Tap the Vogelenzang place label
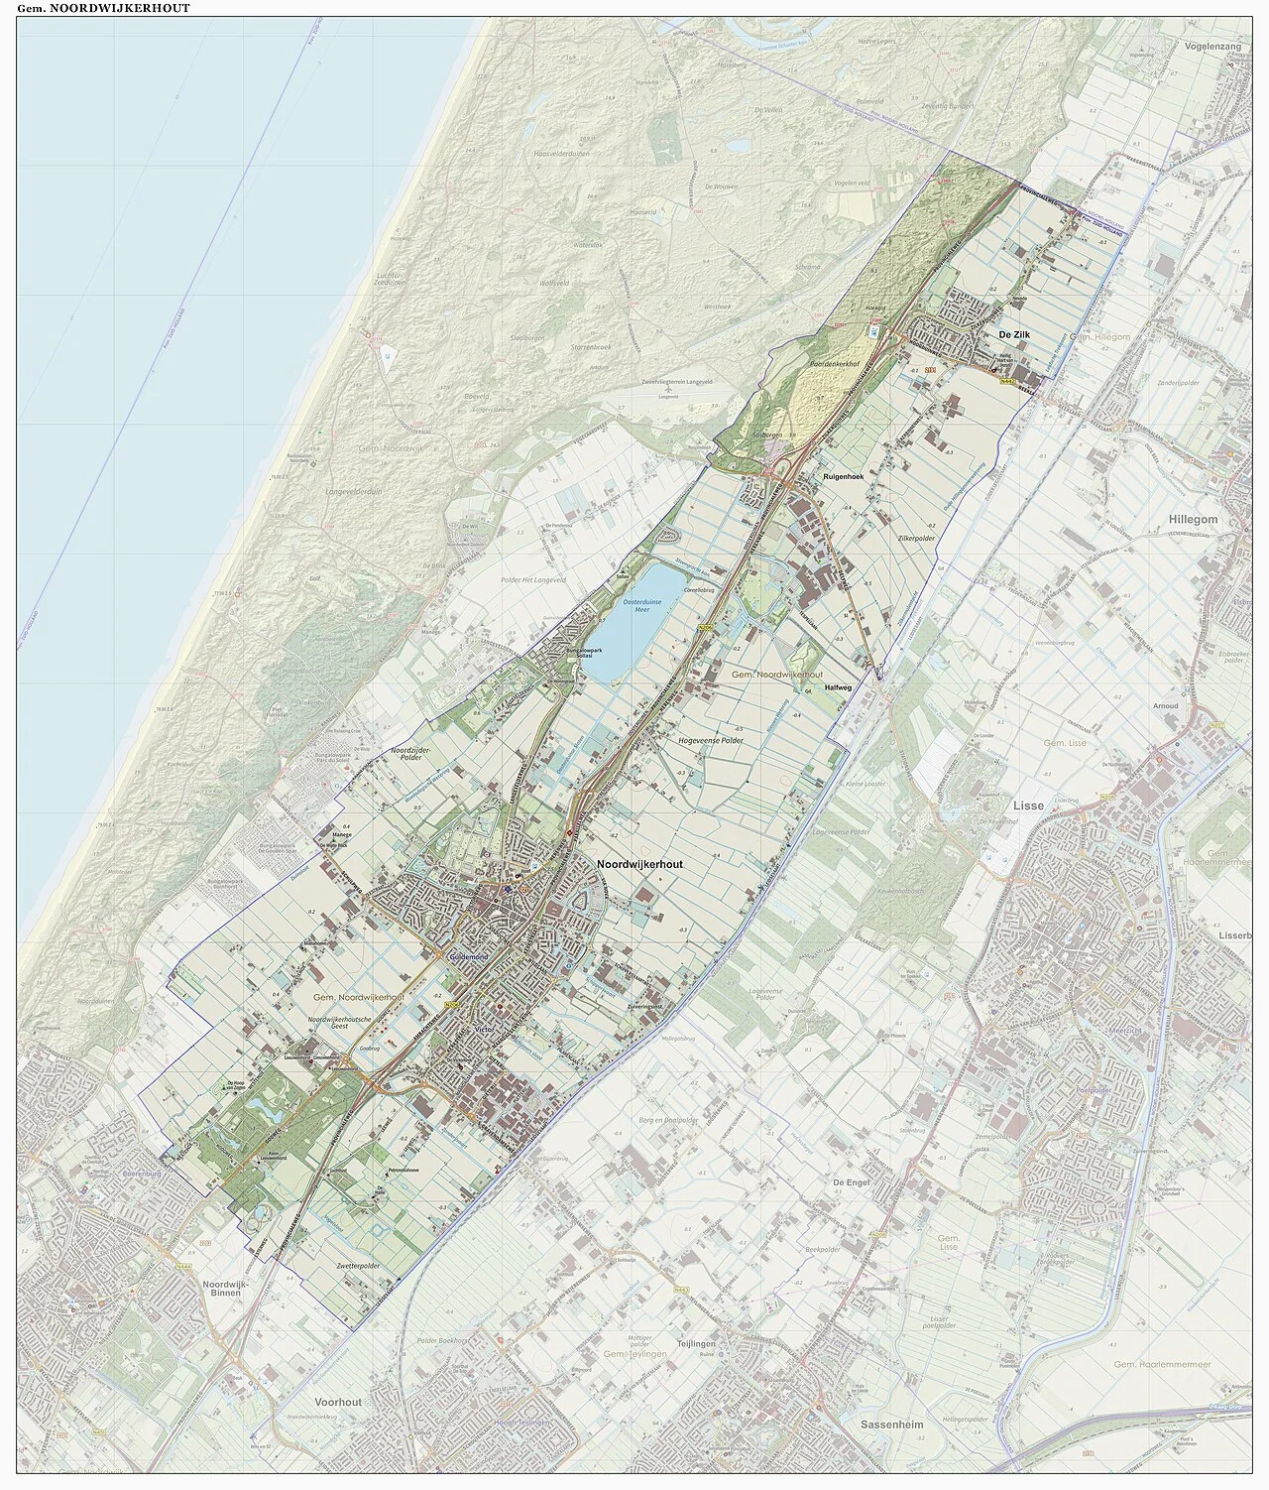(1211, 46)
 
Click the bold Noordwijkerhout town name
(640, 863)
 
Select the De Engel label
(851, 1183)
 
